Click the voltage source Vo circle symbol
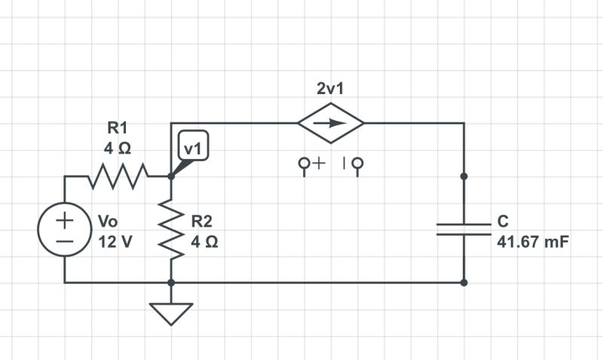tap(65, 231)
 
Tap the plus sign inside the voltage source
tap(65, 221)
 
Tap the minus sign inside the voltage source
tap(65, 243)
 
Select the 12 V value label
tap(115, 243)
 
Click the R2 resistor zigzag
tap(171, 230)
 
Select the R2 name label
tap(201, 221)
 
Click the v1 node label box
tap(193, 148)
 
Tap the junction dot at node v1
tap(171, 177)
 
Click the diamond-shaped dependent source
tap(331, 124)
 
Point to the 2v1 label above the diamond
tap(331, 89)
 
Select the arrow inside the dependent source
tap(331, 124)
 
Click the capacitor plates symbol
tap(464, 229)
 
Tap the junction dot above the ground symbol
tap(171, 283)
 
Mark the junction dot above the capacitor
tap(464, 176)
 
